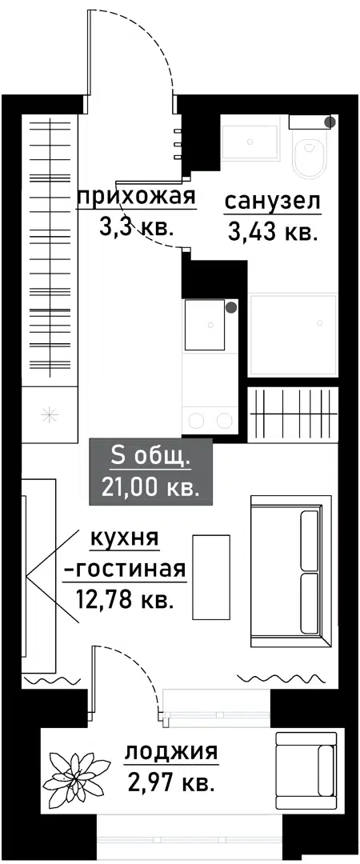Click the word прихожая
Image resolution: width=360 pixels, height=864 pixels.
click(x=135, y=197)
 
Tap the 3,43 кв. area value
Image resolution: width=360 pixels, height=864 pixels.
click(x=273, y=233)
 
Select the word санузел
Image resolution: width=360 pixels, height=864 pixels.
click(x=273, y=201)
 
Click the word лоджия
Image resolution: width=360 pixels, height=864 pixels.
click(x=170, y=752)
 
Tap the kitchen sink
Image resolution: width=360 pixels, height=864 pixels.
click(x=208, y=325)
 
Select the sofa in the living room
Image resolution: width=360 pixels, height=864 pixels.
click(x=290, y=571)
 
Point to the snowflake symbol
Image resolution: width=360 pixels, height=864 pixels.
click(x=49, y=414)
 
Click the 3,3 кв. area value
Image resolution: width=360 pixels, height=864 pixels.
click(x=135, y=226)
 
